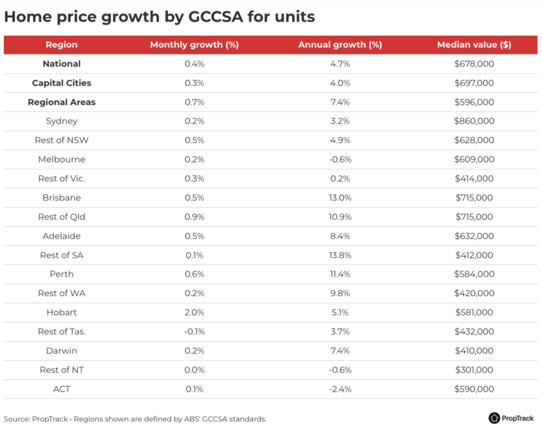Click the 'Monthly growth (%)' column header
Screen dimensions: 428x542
point(194,45)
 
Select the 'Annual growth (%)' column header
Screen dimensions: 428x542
point(340,45)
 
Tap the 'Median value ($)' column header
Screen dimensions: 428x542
point(474,45)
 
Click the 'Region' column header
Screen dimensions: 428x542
point(62,45)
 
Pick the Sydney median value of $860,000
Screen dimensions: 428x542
point(474,121)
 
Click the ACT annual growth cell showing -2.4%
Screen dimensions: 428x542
point(340,389)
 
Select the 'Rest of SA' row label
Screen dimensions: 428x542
point(62,255)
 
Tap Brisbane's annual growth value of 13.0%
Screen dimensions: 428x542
point(340,198)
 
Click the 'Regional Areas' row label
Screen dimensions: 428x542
point(62,102)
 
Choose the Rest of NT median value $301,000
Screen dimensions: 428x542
point(474,370)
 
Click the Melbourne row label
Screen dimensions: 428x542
point(62,160)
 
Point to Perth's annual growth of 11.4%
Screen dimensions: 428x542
point(340,274)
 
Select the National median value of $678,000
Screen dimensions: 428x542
point(474,64)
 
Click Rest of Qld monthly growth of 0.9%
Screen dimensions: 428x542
point(194,217)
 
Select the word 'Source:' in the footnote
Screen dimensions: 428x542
point(17,419)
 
